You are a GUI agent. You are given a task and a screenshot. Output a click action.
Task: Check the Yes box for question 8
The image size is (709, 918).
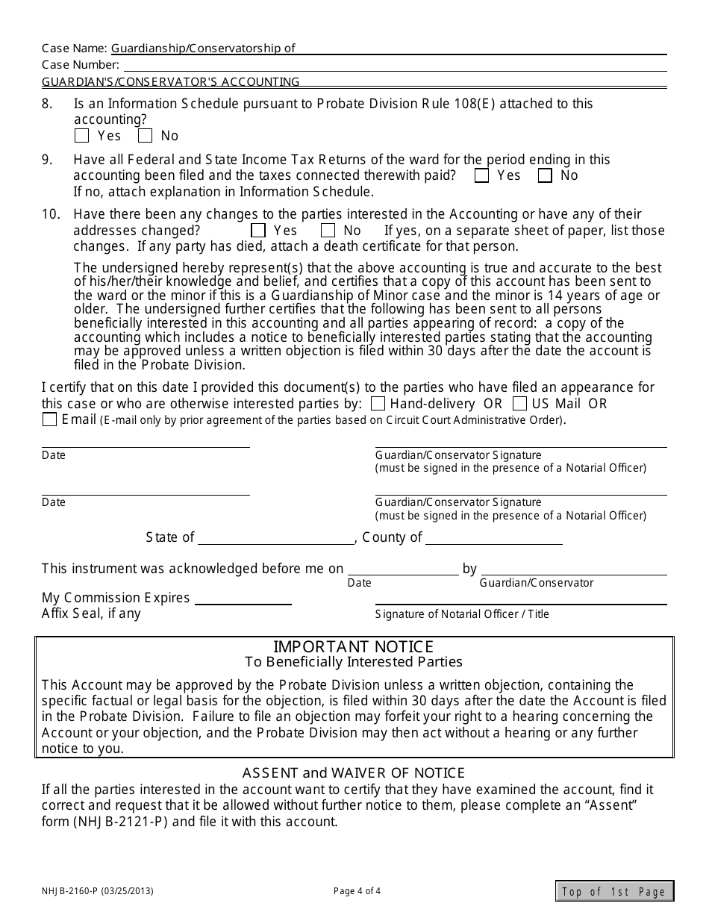pyautogui.click(x=82, y=136)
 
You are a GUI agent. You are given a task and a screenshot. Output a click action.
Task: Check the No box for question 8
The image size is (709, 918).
pyautogui.click(x=146, y=136)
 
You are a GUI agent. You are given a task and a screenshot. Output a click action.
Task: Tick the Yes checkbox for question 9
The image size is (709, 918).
pyautogui.click(x=482, y=176)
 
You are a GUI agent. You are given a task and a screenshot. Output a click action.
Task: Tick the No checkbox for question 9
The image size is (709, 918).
pyautogui.click(x=546, y=176)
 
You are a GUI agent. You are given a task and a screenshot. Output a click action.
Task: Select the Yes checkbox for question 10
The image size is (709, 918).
pyautogui.click(x=258, y=231)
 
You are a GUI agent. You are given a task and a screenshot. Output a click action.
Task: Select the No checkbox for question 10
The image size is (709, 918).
pyautogui.click(x=328, y=231)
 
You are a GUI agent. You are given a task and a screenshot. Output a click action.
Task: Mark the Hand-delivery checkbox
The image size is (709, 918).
pyautogui.click(x=378, y=404)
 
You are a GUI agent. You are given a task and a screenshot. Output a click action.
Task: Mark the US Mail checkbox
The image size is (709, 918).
pyautogui.click(x=520, y=404)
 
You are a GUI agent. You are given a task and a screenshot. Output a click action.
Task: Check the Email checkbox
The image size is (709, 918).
pyautogui.click(x=50, y=419)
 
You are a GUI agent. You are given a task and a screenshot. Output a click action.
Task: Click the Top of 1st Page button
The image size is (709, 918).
pyautogui.click(x=614, y=891)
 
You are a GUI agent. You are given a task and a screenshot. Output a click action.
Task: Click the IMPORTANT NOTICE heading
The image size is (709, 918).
pyautogui.click(x=354, y=646)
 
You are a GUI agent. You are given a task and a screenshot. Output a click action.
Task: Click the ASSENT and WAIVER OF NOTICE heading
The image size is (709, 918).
pyautogui.click(x=354, y=772)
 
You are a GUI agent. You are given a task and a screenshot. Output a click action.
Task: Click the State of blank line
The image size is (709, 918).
pyautogui.click(x=276, y=539)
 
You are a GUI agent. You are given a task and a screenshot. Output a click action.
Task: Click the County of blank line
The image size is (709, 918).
pyautogui.click(x=493, y=539)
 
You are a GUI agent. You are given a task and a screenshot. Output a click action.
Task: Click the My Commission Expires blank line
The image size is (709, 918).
pyautogui.click(x=243, y=599)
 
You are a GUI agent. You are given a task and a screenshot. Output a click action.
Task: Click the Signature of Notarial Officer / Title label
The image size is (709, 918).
pyautogui.click(x=462, y=614)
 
